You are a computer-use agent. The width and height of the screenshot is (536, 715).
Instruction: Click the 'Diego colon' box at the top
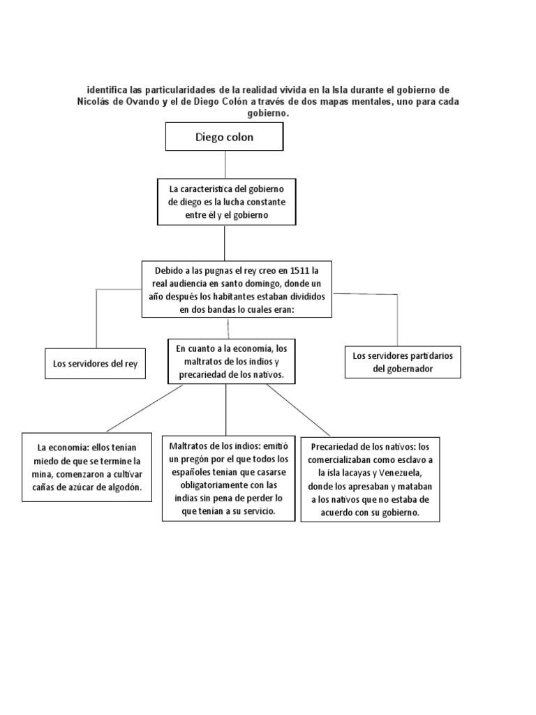224,137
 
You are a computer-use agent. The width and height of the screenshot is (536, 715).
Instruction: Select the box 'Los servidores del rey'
95,364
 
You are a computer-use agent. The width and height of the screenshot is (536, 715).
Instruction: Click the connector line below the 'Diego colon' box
225,164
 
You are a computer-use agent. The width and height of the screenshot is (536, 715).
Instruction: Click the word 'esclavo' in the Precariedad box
406,460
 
